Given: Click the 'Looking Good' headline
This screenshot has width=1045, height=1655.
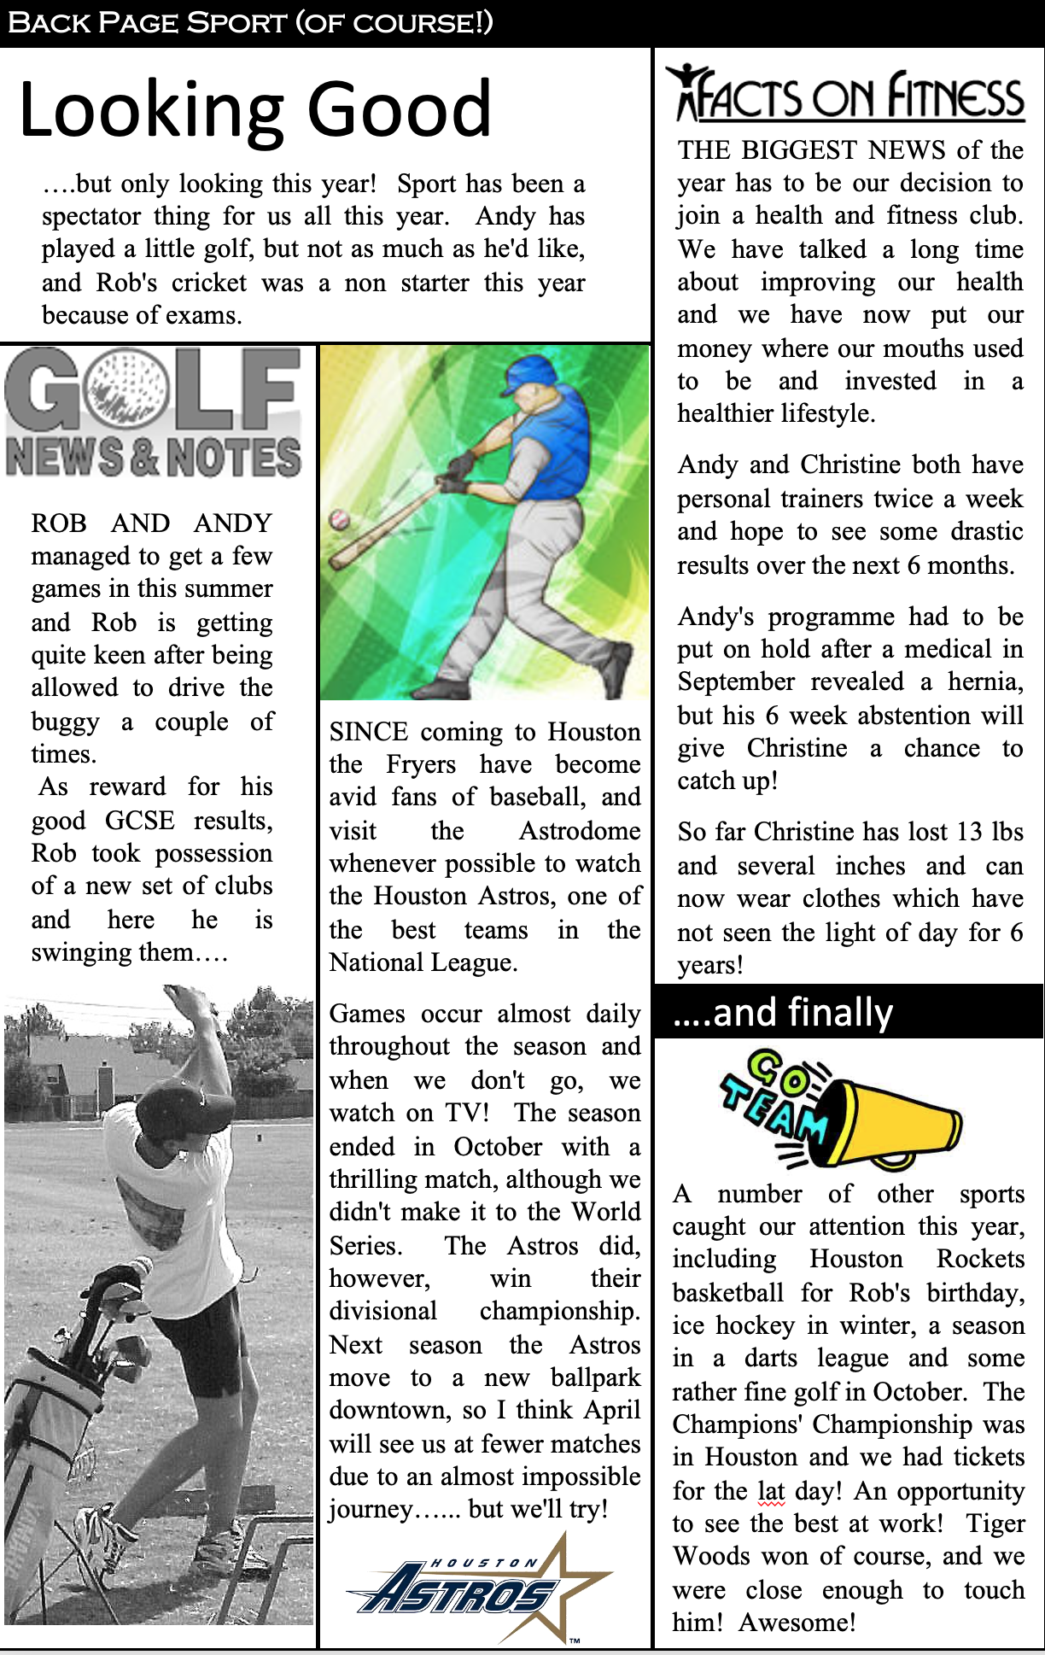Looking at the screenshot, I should pyautogui.click(x=254, y=109).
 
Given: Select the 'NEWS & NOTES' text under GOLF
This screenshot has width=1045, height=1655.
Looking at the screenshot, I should pyautogui.click(x=154, y=457).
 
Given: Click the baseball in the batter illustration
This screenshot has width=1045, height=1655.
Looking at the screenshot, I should pyautogui.click(x=340, y=518).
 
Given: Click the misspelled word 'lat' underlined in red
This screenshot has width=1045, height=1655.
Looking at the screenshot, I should pyautogui.click(x=770, y=1490).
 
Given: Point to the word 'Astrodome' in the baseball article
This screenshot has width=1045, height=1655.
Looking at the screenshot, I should pyautogui.click(x=580, y=830).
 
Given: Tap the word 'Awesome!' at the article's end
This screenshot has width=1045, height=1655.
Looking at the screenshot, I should pyautogui.click(x=797, y=1622).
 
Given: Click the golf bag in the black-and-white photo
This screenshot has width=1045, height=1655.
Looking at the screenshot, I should pyautogui.click(x=64, y=1401).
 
